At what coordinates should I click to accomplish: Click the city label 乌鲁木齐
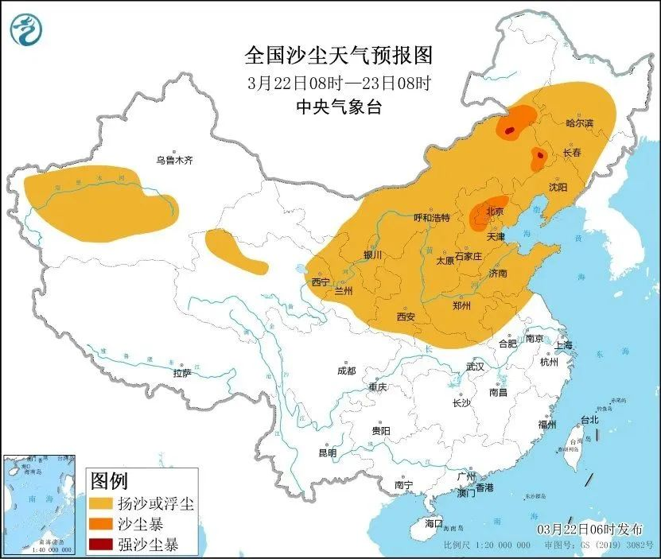[x=174, y=160]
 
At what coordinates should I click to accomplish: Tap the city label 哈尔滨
[x=580, y=123]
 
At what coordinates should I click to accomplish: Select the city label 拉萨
[x=182, y=372]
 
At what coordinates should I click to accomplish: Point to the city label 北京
[x=495, y=212]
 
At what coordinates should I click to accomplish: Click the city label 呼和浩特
[x=433, y=218]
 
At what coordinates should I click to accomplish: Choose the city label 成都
[x=346, y=371]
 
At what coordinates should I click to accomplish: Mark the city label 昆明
[x=327, y=452]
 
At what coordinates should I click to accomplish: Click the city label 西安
[x=406, y=316]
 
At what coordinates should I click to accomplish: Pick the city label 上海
[x=564, y=345]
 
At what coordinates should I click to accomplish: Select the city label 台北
[x=589, y=419]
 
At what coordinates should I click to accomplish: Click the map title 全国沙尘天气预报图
[x=338, y=55]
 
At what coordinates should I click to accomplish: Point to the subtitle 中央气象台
[x=338, y=107]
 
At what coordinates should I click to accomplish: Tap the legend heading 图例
[x=109, y=481]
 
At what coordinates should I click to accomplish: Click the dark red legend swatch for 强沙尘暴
[x=101, y=545]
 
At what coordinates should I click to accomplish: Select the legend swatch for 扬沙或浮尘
[x=101, y=503]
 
